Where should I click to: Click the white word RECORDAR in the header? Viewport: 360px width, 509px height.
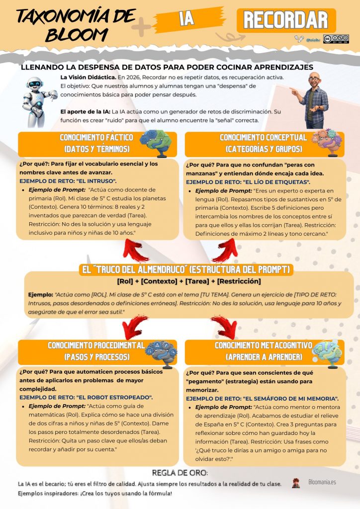pyautogui.click(x=286, y=20)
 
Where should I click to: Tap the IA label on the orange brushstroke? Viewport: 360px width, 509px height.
pyautogui.click(x=186, y=19)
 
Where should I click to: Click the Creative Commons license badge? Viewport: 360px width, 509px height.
pyautogui.click(x=336, y=39)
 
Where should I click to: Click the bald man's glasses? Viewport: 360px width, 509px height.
pyautogui.click(x=314, y=79)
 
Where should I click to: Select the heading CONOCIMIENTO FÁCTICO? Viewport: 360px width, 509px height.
pyautogui.click(x=96, y=137)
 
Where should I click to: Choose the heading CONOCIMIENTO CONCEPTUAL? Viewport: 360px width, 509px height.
pyautogui.click(x=263, y=137)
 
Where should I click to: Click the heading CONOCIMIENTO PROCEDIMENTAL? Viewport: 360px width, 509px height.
pyautogui.click(x=96, y=345)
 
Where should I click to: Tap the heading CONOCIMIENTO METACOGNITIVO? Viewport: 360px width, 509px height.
pyautogui.click(x=263, y=345)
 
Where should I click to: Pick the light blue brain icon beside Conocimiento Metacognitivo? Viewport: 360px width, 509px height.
pyautogui.click(x=327, y=353)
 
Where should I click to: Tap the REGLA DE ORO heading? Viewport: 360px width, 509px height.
pyautogui.click(x=180, y=473)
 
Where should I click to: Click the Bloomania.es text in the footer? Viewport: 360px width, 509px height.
pyautogui.click(x=322, y=482)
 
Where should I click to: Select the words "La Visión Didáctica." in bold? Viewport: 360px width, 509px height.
pyautogui.click(x=89, y=77)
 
